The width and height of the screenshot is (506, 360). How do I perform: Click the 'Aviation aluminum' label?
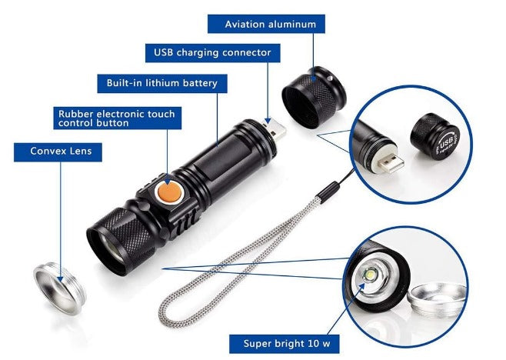[x=270, y=24]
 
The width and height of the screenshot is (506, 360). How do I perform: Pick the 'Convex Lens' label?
[x=57, y=151]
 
